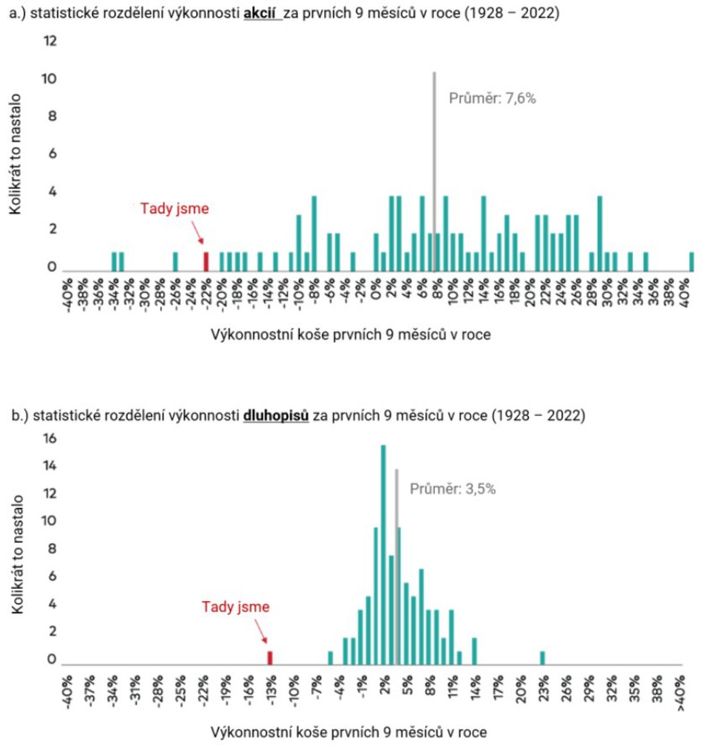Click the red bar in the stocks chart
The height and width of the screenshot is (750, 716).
(x=206, y=261)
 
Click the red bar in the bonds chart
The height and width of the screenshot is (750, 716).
(x=270, y=658)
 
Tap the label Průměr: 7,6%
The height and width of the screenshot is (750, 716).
(x=491, y=99)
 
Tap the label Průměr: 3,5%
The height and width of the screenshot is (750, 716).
(x=453, y=489)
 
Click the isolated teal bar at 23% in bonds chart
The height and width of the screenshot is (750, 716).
(x=542, y=658)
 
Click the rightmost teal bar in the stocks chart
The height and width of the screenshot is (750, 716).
(x=692, y=261)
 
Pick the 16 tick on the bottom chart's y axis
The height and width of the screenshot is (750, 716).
(x=50, y=439)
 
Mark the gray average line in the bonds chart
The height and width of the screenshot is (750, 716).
(x=396, y=565)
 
